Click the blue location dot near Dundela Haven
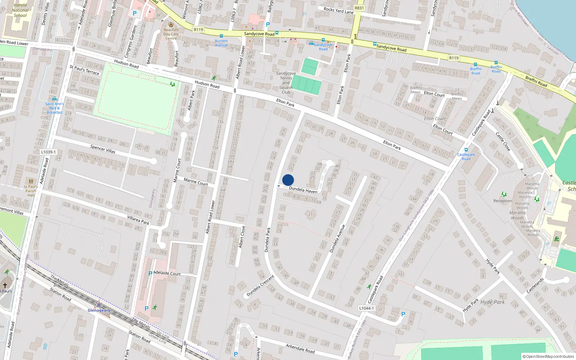(288, 180)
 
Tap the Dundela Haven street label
(303, 190)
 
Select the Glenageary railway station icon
(99, 305)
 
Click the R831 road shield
(359, 8)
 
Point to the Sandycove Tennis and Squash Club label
(286, 83)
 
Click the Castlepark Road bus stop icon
(466, 150)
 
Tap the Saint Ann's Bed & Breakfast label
(54, 108)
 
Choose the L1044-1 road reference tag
(366, 308)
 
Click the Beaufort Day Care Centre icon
(171, 24)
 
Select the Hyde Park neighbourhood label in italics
(492, 302)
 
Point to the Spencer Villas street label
(103, 149)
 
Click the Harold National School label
(20, 10)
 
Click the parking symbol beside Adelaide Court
(150, 274)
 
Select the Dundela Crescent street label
(260, 286)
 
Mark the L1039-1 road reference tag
(48, 152)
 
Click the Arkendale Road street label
(300, 348)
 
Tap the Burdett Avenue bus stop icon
(221, 36)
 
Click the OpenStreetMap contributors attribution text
(548, 357)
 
